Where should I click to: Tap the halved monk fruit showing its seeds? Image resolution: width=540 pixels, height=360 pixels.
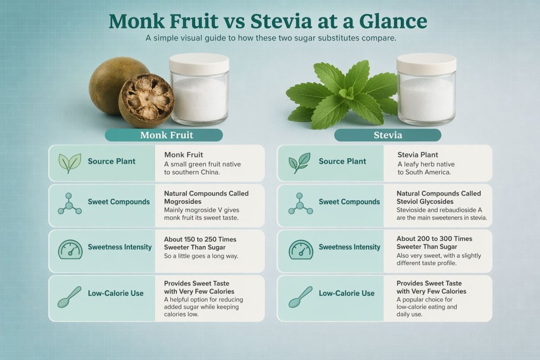click(146, 100)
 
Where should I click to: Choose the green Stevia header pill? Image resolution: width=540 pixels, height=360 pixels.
click(388, 135)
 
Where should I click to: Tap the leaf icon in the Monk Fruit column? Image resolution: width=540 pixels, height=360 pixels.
click(70, 163)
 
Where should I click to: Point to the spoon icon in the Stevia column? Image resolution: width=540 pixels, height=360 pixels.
click(300, 295)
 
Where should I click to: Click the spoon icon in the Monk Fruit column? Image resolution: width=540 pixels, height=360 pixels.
click(70, 295)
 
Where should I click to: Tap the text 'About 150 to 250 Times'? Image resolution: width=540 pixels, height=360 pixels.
click(200, 239)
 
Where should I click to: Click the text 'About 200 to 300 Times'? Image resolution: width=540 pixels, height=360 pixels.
click(434, 239)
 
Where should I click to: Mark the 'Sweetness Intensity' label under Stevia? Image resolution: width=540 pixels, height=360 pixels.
click(350, 247)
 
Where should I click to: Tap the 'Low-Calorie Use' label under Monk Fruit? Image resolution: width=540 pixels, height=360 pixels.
click(115, 293)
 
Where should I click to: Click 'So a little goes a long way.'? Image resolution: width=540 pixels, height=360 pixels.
click(201, 256)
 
